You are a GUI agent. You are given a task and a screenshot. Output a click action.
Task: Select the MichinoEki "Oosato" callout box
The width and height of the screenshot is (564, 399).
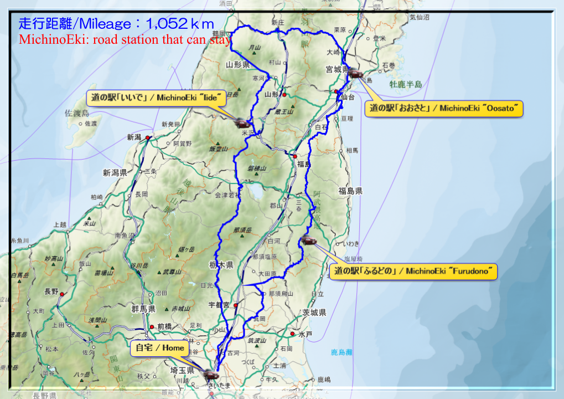click(444, 109)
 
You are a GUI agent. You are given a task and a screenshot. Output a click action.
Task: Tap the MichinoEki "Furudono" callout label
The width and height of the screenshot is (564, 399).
click(413, 272)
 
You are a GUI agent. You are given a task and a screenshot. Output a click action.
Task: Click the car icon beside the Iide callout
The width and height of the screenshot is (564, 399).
click(242, 122)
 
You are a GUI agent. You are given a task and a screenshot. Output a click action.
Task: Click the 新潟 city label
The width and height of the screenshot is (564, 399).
click(134, 137)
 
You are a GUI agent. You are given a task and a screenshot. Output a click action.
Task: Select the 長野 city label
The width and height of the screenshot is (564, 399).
click(51, 291)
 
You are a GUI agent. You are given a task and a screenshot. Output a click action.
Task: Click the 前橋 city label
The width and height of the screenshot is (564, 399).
click(165, 327)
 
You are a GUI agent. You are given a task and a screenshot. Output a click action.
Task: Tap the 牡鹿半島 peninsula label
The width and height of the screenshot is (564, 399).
click(406, 84)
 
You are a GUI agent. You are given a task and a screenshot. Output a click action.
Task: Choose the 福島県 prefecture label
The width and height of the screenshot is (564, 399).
click(350, 191)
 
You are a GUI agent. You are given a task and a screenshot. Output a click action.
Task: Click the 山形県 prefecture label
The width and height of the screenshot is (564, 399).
click(238, 65)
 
